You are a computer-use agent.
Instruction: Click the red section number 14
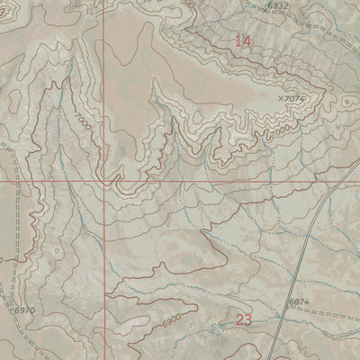[x=242, y=40]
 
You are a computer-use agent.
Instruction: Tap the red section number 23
[x=242, y=319]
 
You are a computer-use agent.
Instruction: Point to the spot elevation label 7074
[x=296, y=99]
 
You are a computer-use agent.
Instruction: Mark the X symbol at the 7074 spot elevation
[x=282, y=99]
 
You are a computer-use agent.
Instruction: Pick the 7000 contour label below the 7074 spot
[x=280, y=130]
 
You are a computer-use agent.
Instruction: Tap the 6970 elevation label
[x=24, y=310]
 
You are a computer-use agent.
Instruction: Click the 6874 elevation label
[x=299, y=301]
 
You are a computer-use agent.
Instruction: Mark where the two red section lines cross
[x=103, y=180]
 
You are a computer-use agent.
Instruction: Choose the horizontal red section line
[x=225, y=180]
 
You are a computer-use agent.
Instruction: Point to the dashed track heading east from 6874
[x=333, y=310]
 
